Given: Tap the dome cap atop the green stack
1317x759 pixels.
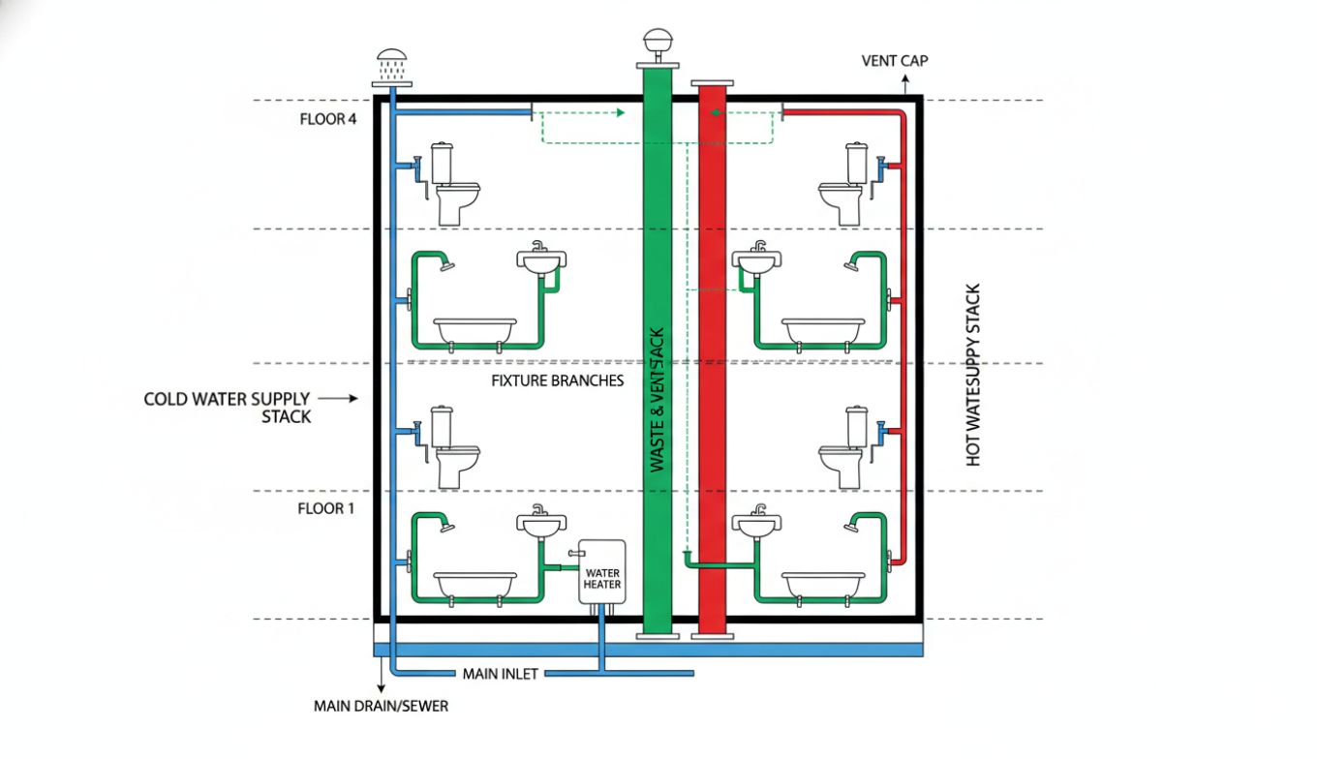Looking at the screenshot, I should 657,44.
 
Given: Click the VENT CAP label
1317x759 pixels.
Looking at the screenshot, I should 895,61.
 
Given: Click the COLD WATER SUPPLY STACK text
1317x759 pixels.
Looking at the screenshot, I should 227,408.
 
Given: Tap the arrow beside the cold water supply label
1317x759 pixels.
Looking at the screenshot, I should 338,398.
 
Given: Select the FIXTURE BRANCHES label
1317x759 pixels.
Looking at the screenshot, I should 558,380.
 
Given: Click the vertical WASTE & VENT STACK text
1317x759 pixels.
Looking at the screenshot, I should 658,397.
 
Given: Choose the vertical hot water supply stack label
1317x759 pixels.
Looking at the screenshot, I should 974,375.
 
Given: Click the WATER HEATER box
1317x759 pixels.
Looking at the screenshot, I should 602,571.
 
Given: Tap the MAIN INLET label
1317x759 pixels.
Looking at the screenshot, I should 500,674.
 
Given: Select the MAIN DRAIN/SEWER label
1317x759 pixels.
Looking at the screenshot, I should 381,706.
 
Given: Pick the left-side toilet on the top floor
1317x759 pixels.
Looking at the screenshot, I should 451,184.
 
